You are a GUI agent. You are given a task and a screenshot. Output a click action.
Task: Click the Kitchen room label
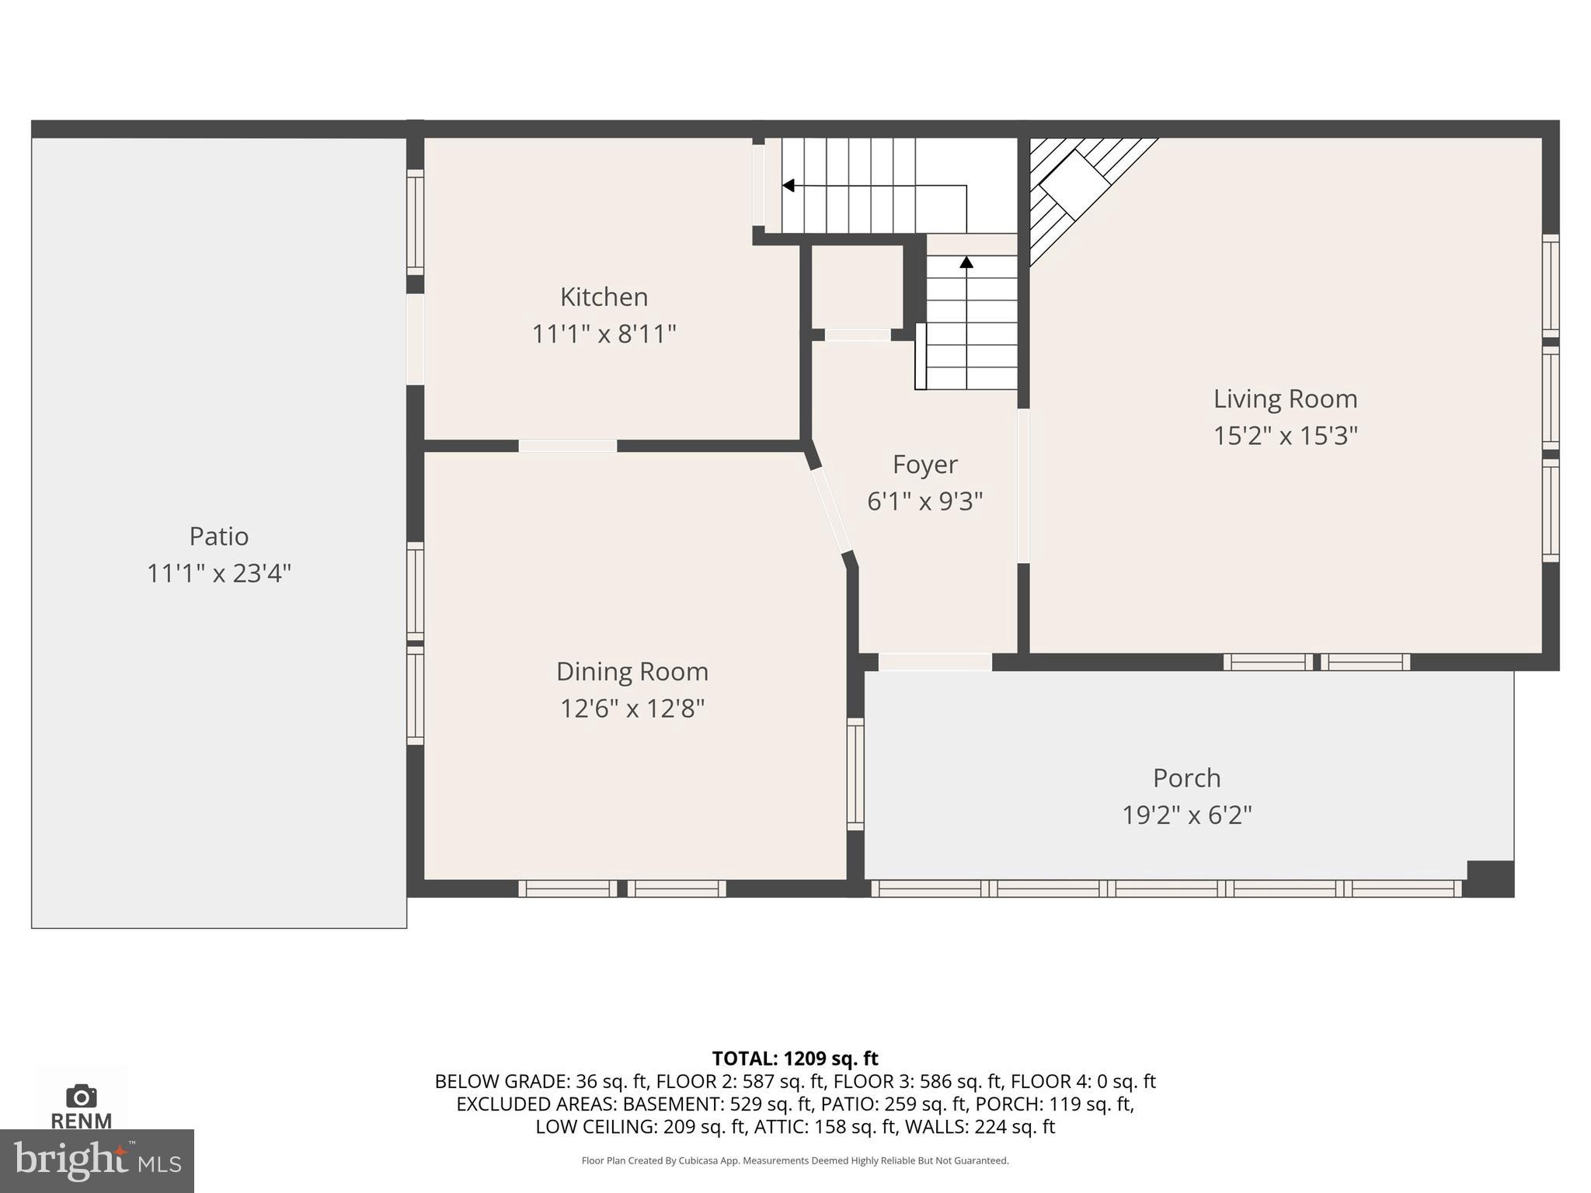604,297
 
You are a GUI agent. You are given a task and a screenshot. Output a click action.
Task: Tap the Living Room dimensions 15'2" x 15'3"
1285,436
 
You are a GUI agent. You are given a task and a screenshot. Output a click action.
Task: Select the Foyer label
924,464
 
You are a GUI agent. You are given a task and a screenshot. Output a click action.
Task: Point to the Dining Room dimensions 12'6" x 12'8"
632,708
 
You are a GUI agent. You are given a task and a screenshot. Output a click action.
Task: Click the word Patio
218,536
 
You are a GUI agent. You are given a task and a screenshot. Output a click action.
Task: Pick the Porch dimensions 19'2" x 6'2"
1186,815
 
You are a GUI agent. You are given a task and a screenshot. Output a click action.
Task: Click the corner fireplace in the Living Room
1074,185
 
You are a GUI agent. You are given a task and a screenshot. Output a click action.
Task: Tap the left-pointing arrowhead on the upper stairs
788,186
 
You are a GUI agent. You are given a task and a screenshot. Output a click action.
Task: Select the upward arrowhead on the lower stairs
966,263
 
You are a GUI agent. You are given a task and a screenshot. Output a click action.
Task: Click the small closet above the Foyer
857,287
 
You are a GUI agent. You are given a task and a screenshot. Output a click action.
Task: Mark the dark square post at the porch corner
1489,878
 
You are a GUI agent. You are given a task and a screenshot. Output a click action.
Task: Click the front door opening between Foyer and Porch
935,663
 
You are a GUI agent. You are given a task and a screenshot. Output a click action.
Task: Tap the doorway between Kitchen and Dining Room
567,446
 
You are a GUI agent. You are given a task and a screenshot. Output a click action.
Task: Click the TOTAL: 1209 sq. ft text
795,1059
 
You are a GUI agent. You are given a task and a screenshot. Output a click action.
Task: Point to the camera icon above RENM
81,1096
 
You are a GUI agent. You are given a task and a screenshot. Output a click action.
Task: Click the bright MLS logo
96,1160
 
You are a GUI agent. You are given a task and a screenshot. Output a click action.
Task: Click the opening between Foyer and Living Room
1023,485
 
